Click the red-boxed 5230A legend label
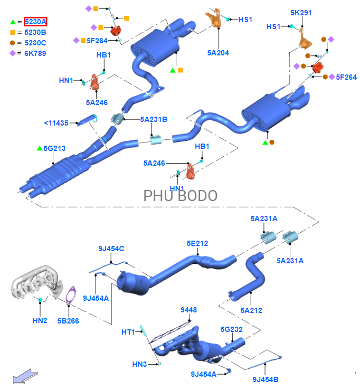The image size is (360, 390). [x=36, y=22]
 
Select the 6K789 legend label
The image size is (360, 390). [x=36, y=53]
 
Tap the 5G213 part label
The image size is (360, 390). [x=54, y=148]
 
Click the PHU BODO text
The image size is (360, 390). [x=181, y=195]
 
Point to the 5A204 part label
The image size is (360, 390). [x=218, y=53]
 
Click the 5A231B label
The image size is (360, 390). [x=154, y=119]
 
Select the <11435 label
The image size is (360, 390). [x=56, y=123]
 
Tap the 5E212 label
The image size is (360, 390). [x=197, y=243]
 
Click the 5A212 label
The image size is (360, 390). [x=251, y=310]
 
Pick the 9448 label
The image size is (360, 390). [x=188, y=310]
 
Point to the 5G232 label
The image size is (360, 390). [x=232, y=329]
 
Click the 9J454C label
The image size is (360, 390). [x=111, y=249]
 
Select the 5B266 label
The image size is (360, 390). [x=68, y=320]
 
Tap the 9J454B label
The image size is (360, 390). [x=265, y=379]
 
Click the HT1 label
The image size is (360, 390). [x=128, y=332]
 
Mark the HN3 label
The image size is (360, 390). [x=139, y=364]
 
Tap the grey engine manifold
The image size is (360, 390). [x=34, y=286]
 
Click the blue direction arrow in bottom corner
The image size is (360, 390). [x=23, y=376]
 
